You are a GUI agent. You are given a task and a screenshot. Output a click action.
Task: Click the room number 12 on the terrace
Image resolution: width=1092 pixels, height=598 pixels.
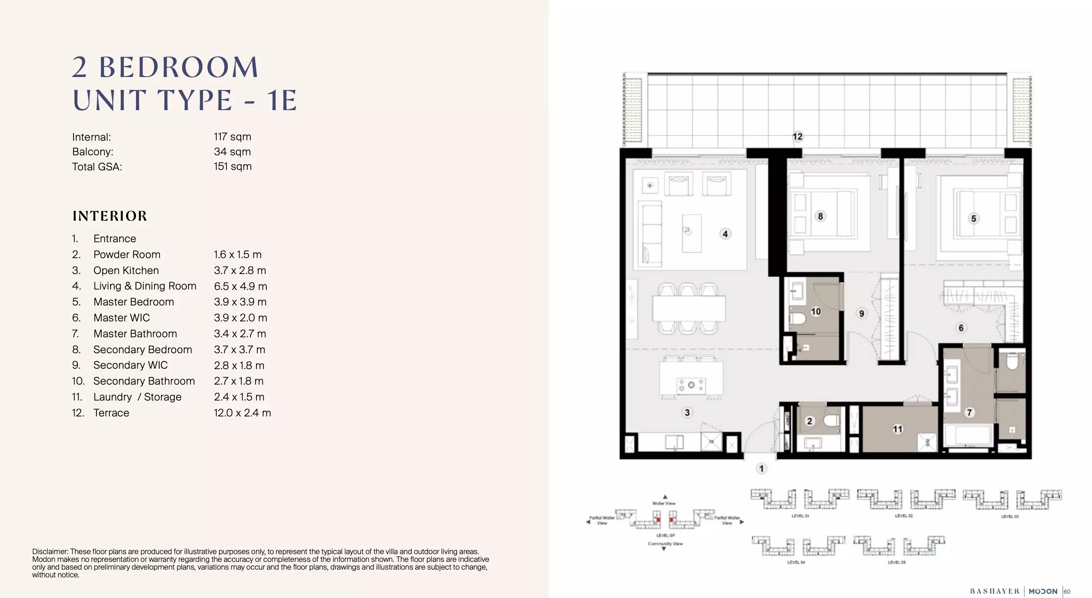pyautogui.click(x=797, y=136)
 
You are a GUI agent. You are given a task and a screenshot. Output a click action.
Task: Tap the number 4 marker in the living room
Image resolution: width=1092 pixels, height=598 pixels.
pyautogui.click(x=725, y=234)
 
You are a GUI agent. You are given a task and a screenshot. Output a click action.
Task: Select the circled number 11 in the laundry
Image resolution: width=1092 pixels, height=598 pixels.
pyautogui.click(x=897, y=429)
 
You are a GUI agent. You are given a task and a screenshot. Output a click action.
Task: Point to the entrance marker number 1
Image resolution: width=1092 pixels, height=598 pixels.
pyautogui.click(x=761, y=469)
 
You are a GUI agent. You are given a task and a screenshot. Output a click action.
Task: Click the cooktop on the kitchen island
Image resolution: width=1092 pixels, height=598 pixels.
pyautogui.click(x=691, y=385)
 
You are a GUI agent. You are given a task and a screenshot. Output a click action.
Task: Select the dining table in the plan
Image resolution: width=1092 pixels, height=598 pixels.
pyautogui.click(x=689, y=308)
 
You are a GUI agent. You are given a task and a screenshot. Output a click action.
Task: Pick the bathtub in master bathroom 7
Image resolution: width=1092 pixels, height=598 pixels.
pyautogui.click(x=968, y=435)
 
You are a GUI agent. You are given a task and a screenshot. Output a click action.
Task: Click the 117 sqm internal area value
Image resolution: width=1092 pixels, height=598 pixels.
pyautogui.click(x=232, y=137)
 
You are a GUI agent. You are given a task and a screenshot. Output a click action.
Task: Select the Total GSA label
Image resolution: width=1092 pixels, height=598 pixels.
pyautogui.click(x=97, y=167)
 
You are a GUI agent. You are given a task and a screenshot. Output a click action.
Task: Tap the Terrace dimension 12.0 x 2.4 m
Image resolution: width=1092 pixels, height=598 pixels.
pyautogui.click(x=242, y=413)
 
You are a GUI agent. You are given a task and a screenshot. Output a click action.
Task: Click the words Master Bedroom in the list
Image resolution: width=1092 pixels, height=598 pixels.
pyautogui.click(x=133, y=302)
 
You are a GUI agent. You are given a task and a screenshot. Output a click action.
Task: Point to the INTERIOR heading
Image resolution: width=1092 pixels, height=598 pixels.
pyautogui.click(x=110, y=216)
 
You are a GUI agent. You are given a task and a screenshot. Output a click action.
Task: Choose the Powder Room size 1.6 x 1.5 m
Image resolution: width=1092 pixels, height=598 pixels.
pyautogui.click(x=238, y=255)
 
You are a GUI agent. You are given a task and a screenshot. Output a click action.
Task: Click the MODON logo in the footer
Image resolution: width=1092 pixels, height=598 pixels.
pyautogui.click(x=1043, y=591)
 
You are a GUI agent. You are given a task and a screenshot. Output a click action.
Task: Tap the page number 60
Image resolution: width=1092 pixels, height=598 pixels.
pyautogui.click(x=1067, y=592)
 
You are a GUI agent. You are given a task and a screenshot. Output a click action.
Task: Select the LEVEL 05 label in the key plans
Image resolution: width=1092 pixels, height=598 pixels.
pyautogui.click(x=897, y=562)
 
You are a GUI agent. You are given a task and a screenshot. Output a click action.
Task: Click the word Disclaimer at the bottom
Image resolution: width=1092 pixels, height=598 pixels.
pyautogui.click(x=50, y=552)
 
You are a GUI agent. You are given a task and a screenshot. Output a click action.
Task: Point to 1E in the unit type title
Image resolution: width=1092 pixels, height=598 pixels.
pyautogui.click(x=282, y=101)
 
